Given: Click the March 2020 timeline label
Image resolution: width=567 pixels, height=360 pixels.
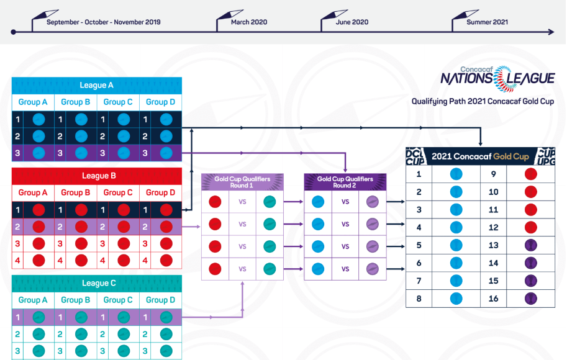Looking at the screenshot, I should [x=249, y=22].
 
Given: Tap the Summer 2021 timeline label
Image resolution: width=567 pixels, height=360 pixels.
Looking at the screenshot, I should [x=488, y=22].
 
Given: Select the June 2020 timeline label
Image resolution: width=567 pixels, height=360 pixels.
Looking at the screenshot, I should [x=352, y=22].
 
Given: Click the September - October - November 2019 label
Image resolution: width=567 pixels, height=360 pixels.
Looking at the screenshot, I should [x=103, y=22].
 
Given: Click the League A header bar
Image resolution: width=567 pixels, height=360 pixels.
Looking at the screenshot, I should [x=96, y=86].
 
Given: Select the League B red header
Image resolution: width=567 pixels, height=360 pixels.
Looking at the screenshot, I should [x=96, y=176].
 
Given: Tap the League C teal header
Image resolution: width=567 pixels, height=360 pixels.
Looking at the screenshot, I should [x=96, y=284].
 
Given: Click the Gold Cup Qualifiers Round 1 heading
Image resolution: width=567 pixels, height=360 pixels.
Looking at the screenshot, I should [x=242, y=182].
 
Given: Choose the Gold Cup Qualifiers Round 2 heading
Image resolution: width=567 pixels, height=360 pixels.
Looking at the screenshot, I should [x=345, y=182].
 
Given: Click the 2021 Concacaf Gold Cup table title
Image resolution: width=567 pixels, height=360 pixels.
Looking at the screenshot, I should [x=480, y=156].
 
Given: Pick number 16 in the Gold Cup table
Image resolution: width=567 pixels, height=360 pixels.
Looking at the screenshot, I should [x=494, y=298].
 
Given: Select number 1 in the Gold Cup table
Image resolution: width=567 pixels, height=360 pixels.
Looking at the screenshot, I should [x=419, y=174].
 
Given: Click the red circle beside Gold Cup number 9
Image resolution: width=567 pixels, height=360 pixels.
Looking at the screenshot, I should [x=530, y=174].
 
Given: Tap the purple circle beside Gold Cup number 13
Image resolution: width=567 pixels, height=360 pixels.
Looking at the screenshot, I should [x=530, y=245].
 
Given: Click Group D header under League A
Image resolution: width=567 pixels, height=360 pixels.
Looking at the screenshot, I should [x=160, y=102].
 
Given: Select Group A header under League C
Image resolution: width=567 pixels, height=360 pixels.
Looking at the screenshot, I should [x=33, y=300].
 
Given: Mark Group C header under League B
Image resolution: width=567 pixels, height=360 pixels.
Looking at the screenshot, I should [x=117, y=192].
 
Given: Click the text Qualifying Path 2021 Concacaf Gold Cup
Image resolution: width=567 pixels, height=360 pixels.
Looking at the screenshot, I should [x=483, y=101].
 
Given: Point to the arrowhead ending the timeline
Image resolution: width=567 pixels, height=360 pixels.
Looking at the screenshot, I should [x=550, y=31].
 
